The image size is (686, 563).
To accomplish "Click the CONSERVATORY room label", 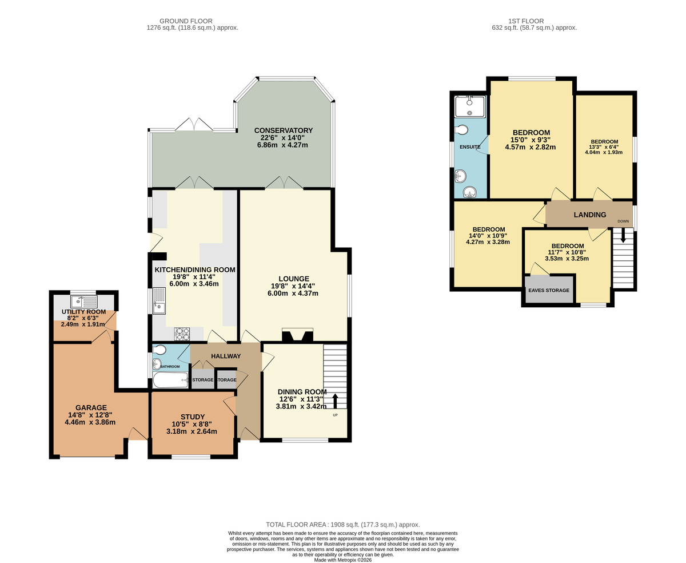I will coord(284,130).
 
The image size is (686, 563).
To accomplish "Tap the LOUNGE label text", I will coord(294,279).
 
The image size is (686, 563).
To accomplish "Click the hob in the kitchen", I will coord(182,334).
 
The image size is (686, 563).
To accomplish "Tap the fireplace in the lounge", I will coord(297,335).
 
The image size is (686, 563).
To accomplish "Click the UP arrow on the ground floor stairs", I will coord(335,400).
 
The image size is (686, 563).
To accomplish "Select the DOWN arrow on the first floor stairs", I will coord(623,235).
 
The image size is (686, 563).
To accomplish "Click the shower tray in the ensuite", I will coord(469,107).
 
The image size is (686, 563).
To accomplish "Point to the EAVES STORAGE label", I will coord(548,291).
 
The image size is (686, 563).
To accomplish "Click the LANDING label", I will coord(590,215).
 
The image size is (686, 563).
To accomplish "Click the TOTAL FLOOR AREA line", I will coord(343,525).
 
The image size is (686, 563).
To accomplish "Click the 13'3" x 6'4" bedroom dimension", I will coord(604,146).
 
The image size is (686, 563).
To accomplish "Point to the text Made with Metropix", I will coord(343,560).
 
